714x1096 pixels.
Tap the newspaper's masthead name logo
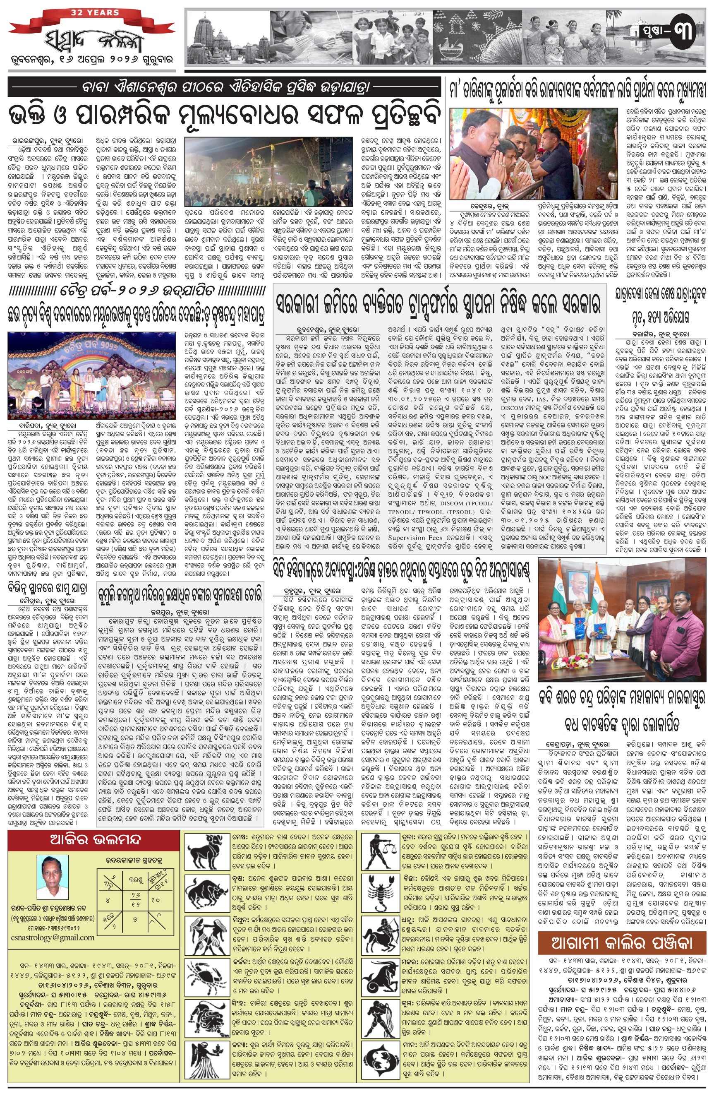point(92,41)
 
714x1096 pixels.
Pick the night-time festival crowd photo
point(268,172)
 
